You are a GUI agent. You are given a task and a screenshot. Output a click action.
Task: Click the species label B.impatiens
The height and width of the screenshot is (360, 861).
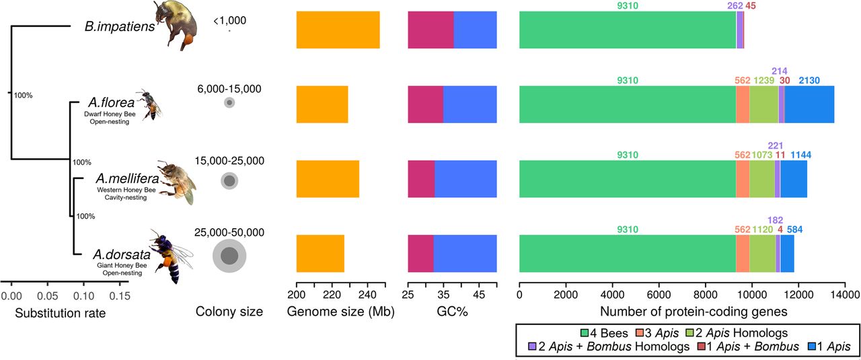pyautogui.click(x=115, y=28)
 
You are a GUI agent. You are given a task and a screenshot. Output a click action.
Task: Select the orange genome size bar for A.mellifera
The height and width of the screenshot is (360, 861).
pyautogui.click(x=328, y=179)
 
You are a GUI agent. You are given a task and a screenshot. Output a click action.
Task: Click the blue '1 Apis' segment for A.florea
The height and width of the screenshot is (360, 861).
pyautogui.click(x=809, y=104)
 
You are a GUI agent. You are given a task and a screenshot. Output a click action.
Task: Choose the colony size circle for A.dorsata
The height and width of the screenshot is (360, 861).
pyautogui.click(x=229, y=256)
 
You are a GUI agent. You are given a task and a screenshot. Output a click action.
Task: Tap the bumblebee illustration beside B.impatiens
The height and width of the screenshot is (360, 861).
pyautogui.click(x=177, y=26)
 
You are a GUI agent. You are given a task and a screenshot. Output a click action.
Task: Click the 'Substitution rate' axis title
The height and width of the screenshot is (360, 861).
pyautogui.click(x=61, y=313)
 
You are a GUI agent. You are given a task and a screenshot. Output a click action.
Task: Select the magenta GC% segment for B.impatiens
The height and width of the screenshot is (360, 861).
pyautogui.click(x=430, y=30)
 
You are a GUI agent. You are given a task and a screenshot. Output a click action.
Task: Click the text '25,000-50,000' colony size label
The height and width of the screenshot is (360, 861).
pyautogui.click(x=229, y=233)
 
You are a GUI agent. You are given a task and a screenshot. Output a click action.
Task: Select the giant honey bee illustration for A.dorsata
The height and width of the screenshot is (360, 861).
pyautogui.click(x=169, y=254)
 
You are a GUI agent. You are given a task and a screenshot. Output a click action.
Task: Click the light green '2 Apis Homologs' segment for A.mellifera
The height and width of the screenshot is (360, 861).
pyautogui.click(x=761, y=179)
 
